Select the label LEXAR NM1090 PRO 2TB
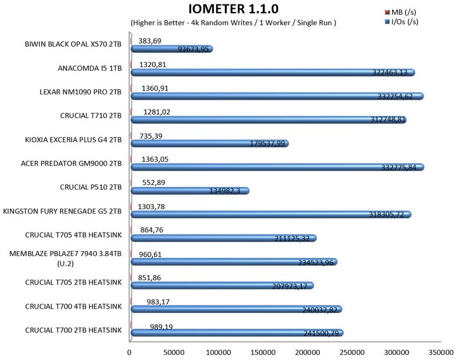pyautogui.click(x=80, y=91)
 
